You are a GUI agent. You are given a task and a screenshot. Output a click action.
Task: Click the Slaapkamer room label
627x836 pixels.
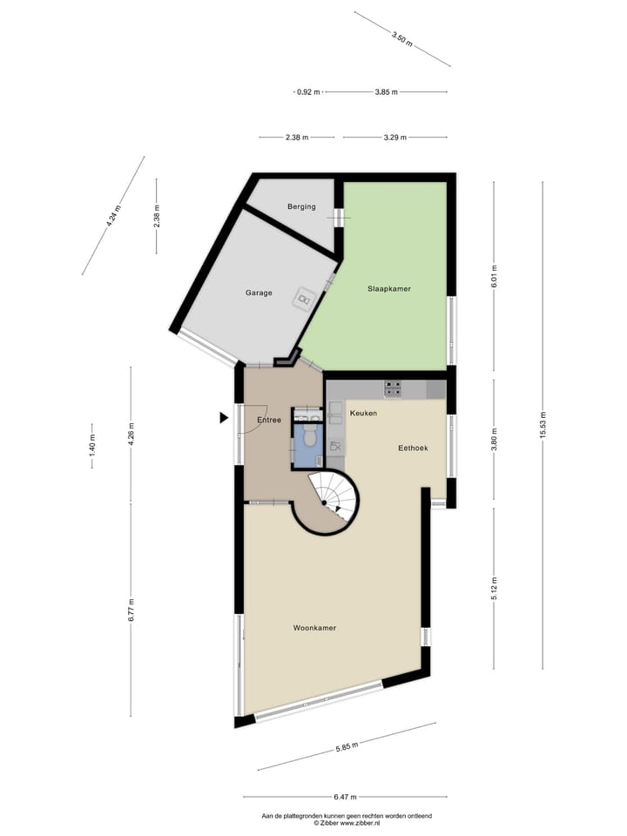pyautogui.click(x=389, y=288)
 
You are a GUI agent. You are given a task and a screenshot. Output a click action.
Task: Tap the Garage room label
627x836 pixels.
pyautogui.click(x=259, y=293)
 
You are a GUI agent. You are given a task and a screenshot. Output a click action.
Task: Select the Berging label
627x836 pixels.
pyautogui.click(x=301, y=206)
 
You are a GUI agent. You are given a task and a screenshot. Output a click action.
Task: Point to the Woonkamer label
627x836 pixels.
pyautogui.click(x=314, y=628)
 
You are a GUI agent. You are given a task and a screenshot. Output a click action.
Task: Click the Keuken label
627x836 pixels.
pyautogui.click(x=363, y=413)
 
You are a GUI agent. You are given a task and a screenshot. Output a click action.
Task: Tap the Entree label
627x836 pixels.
pyautogui.click(x=268, y=421)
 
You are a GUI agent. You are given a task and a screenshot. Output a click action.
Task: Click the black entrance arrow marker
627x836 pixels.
pyautogui.click(x=224, y=418)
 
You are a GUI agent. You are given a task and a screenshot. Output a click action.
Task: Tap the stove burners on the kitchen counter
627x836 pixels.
pyautogui.click(x=394, y=389)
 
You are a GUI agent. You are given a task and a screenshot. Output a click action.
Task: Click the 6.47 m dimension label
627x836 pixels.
pyautogui.click(x=345, y=797)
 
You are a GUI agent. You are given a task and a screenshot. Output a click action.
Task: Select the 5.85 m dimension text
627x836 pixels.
pyautogui.click(x=347, y=745)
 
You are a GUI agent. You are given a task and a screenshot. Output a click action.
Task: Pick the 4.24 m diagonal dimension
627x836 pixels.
pyautogui.click(x=114, y=214)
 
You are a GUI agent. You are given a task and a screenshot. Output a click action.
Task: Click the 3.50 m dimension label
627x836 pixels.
pyautogui.click(x=401, y=37)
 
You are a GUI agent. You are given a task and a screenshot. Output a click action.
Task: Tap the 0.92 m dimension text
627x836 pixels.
pyautogui.click(x=307, y=91)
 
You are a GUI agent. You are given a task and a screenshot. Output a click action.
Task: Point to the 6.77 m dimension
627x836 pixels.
pyautogui.click(x=131, y=608)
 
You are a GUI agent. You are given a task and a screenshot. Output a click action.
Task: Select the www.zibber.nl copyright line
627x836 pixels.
pyautogui.click(x=347, y=822)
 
